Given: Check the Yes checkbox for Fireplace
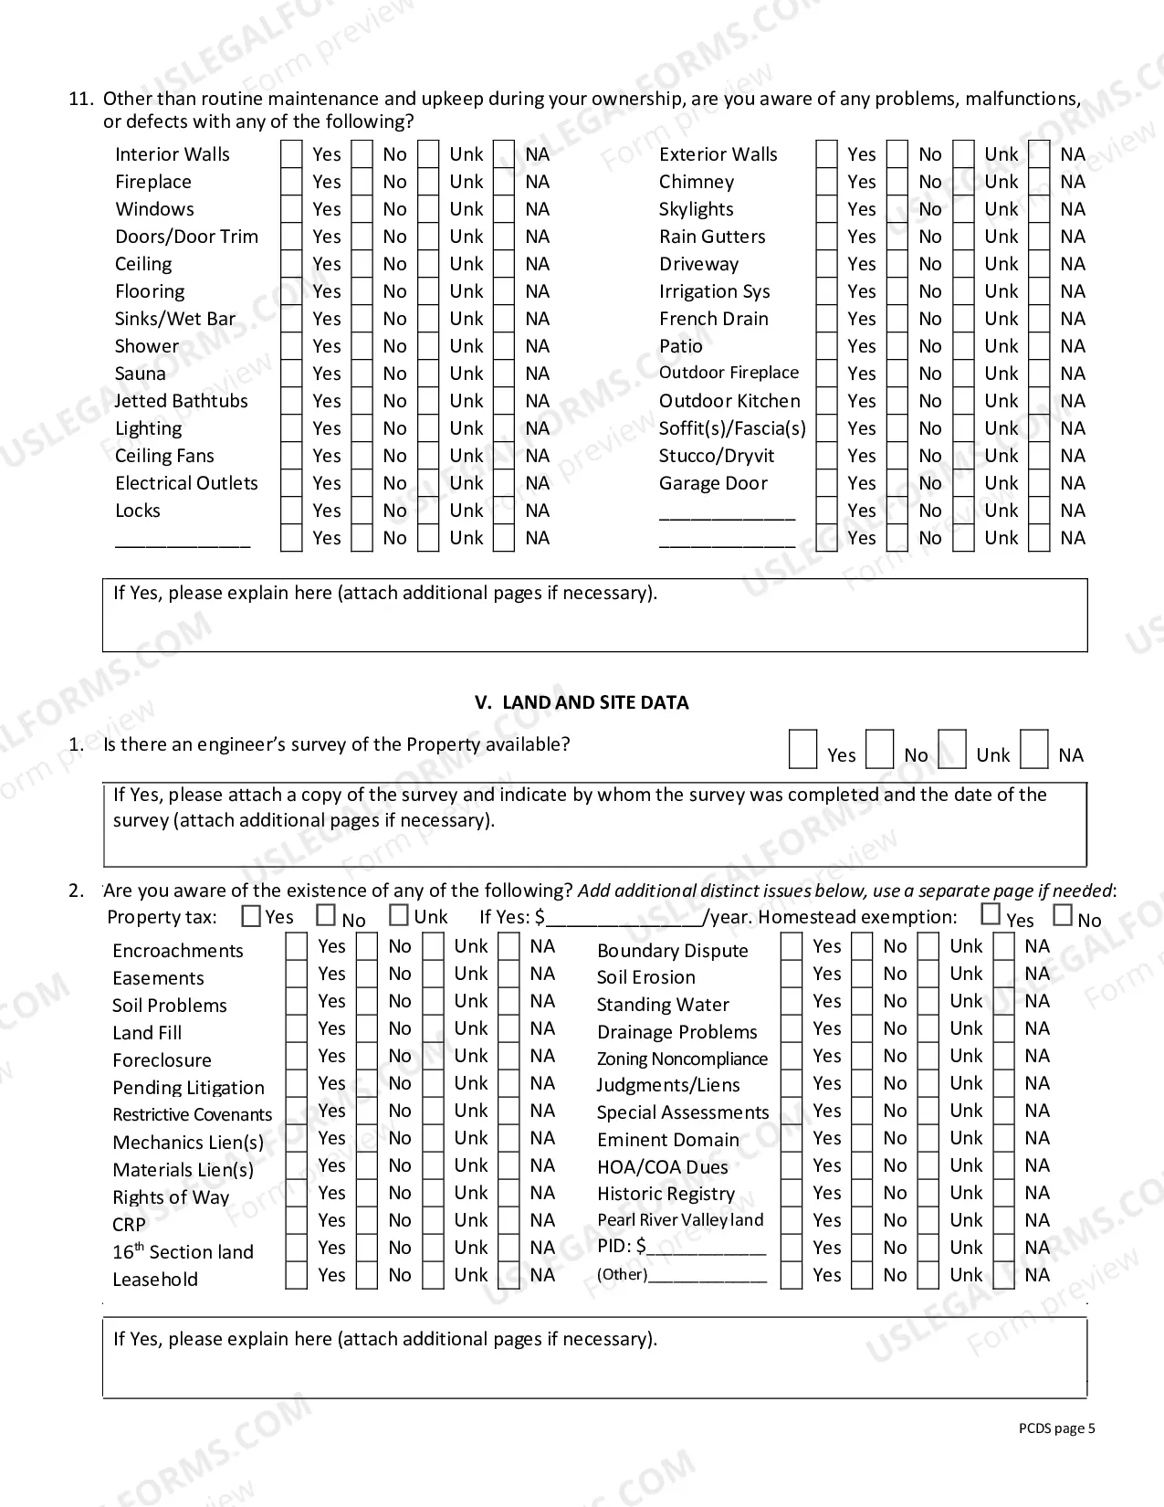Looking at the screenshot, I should click(x=291, y=182).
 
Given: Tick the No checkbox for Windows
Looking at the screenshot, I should click(x=362, y=209).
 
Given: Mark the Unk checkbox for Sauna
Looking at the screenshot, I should click(x=428, y=374).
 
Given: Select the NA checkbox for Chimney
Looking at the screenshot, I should click(x=1039, y=182).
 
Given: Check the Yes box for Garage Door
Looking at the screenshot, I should click(x=826, y=483).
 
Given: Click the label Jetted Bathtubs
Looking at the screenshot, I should click(x=181, y=401).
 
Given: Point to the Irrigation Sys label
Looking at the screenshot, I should click(x=714, y=291).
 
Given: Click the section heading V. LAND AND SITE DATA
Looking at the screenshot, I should click(x=582, y=702).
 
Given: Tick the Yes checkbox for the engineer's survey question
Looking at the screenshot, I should click(x=802, y=750).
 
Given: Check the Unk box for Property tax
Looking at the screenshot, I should click(x=399, y=915).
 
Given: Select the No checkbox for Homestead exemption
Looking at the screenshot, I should click(x=1063, y=914).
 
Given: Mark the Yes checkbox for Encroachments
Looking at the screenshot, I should click(x=296, y=947).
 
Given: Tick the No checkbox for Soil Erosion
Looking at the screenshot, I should click(x=862, y=975).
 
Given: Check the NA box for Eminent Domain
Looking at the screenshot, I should click(x=1003, y=1139).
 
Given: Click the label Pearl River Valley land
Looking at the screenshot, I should click(x=680, y=1220).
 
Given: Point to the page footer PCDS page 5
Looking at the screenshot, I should click(x=1056, y=1428).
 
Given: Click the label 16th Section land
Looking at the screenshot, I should click(x=183, y=1252).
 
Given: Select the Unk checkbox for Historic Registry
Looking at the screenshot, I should click(x=928, y=1194).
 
